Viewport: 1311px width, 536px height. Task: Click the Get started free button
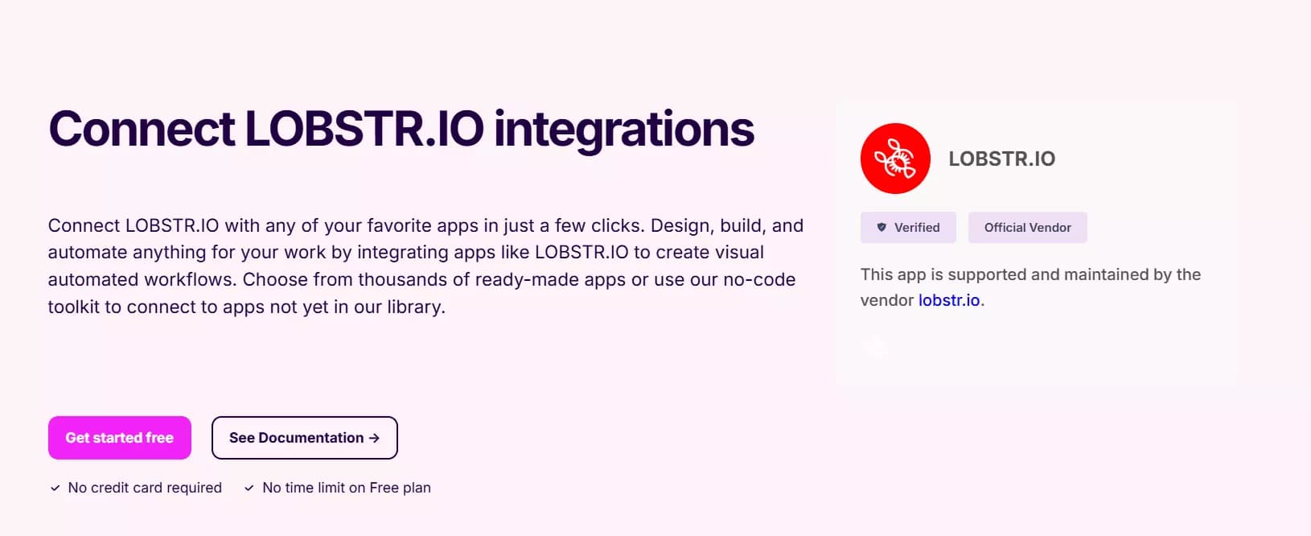pyautogui.click(x=119, y=438)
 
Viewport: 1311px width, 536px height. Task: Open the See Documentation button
pyautogui.click(x=304, y=438)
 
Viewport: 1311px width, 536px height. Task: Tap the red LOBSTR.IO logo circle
pyautogui.click(x=895, y=159)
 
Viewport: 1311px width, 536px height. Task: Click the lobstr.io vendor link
pyautogui.click(x=949, y=300)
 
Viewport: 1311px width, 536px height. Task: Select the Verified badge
pyautogui.click(x=908, y=227)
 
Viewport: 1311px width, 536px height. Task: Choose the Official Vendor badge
pyautogui.click(x=1028, y=227)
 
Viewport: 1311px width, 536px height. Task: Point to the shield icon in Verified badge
pyautogui.click(x=882, y=227)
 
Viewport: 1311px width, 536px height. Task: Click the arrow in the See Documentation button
pyautogui.click(x=375, y=438)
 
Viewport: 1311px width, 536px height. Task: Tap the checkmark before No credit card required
pyautogui.click(x=55, y=488)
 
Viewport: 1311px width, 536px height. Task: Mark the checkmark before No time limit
pyautogui.click(x=249, y=488)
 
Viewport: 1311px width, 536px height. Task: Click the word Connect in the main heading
pyautogui.click(x=142, y=129)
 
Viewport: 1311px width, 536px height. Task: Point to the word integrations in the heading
pyautogui.click(x=624, y=131)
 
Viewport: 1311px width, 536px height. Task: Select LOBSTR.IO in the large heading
pyautogui.click(x=364, y=128)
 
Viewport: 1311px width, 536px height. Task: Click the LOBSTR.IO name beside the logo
pyautogui.click(x=1002, y=159)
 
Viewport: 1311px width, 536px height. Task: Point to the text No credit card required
pyautogui.click(x=145, y=488)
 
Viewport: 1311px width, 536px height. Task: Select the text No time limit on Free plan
pyautogui.click(x=347, y=488)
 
